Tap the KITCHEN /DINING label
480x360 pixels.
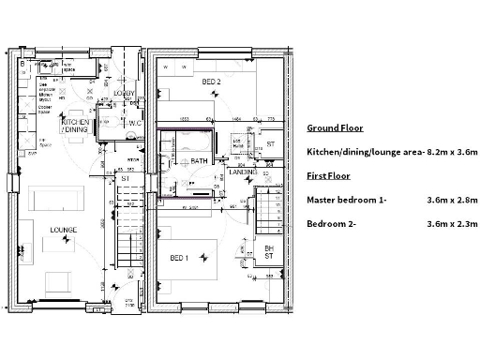(x=76, y=127)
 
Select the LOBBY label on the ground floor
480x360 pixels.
(x=124, y=94)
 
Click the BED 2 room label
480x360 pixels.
(x=211, y=82)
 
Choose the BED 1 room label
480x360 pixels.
(x=180, y=258)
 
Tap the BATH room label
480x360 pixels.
(x=198, y=161)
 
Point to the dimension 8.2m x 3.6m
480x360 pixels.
(x=453, y=152)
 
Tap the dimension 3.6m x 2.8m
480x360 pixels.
(x=453, y=200)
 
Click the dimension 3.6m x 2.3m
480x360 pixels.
(x=453, y=224)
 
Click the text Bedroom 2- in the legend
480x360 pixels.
(x=334, y=224)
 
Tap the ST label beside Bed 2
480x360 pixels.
(x=269, y=143)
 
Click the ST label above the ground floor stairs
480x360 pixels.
(x=126, y=176)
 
